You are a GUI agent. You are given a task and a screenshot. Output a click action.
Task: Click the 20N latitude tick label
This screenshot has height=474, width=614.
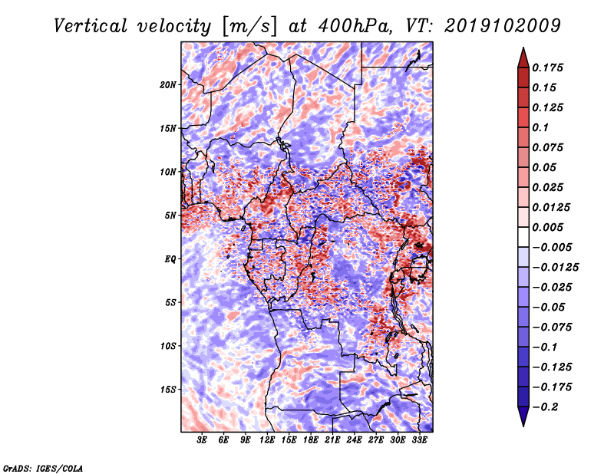(x=168, y=84)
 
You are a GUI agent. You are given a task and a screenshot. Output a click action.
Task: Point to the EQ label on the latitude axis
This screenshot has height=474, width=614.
(x=170, y=258)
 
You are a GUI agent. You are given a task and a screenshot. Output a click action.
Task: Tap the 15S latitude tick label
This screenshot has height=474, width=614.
(x=168, y=389)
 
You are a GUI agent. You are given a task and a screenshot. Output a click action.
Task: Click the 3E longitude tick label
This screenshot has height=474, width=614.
(x=203, y=440)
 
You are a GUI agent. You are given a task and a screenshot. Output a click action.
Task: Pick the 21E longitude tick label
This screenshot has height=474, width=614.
(x=333, y=440)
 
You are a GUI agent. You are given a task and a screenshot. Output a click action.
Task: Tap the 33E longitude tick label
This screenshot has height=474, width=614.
(x=420, y=440)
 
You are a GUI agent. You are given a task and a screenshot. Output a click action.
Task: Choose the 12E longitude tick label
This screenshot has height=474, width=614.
(x=268, y=440)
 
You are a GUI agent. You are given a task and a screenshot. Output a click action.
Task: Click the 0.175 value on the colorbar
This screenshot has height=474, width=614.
(x=550, y=67)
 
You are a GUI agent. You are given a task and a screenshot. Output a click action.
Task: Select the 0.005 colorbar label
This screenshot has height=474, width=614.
(x=550, y=227)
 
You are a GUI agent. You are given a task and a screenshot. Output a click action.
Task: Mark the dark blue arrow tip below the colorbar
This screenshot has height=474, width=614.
(x=523, y=420)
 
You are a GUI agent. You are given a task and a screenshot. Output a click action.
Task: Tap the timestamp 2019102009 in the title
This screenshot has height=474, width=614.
(x=500, y=26)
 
